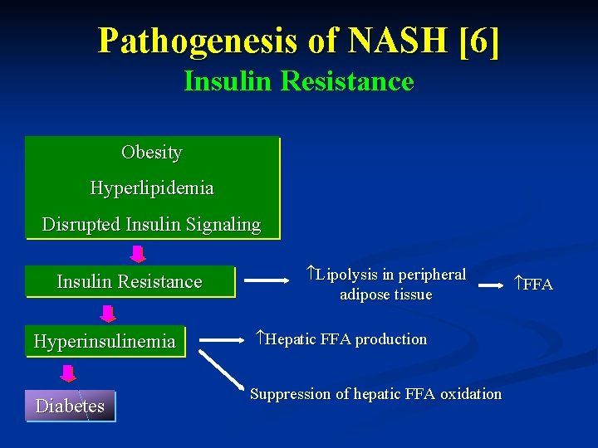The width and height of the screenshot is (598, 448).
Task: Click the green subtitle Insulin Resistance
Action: click(298, 81)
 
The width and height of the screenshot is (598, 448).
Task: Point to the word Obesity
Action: click(151, 153)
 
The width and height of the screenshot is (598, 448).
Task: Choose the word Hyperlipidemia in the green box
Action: click(151, 188)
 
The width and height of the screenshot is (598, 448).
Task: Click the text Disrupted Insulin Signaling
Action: click(151, 224)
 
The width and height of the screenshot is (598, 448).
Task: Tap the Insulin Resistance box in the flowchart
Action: click(130, 282)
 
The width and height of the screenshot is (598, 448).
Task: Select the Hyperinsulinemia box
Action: click(105, 341)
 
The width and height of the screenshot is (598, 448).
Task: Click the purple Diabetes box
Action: click(70, 406)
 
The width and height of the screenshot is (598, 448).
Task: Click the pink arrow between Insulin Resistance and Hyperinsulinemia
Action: click(107, 312)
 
